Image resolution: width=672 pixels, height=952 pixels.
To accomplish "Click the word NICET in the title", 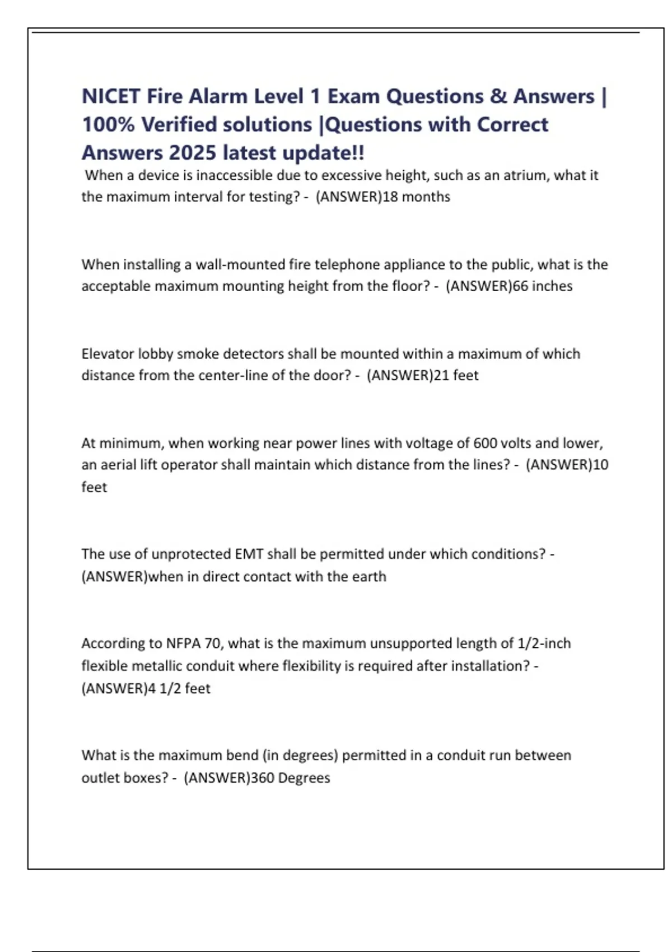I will tap(110, 96).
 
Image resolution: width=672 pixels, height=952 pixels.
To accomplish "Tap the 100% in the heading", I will tap(108, 124).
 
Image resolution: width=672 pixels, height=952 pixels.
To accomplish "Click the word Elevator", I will tap(108, 354).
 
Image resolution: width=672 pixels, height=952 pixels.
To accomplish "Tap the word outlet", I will tap(99, 778).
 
